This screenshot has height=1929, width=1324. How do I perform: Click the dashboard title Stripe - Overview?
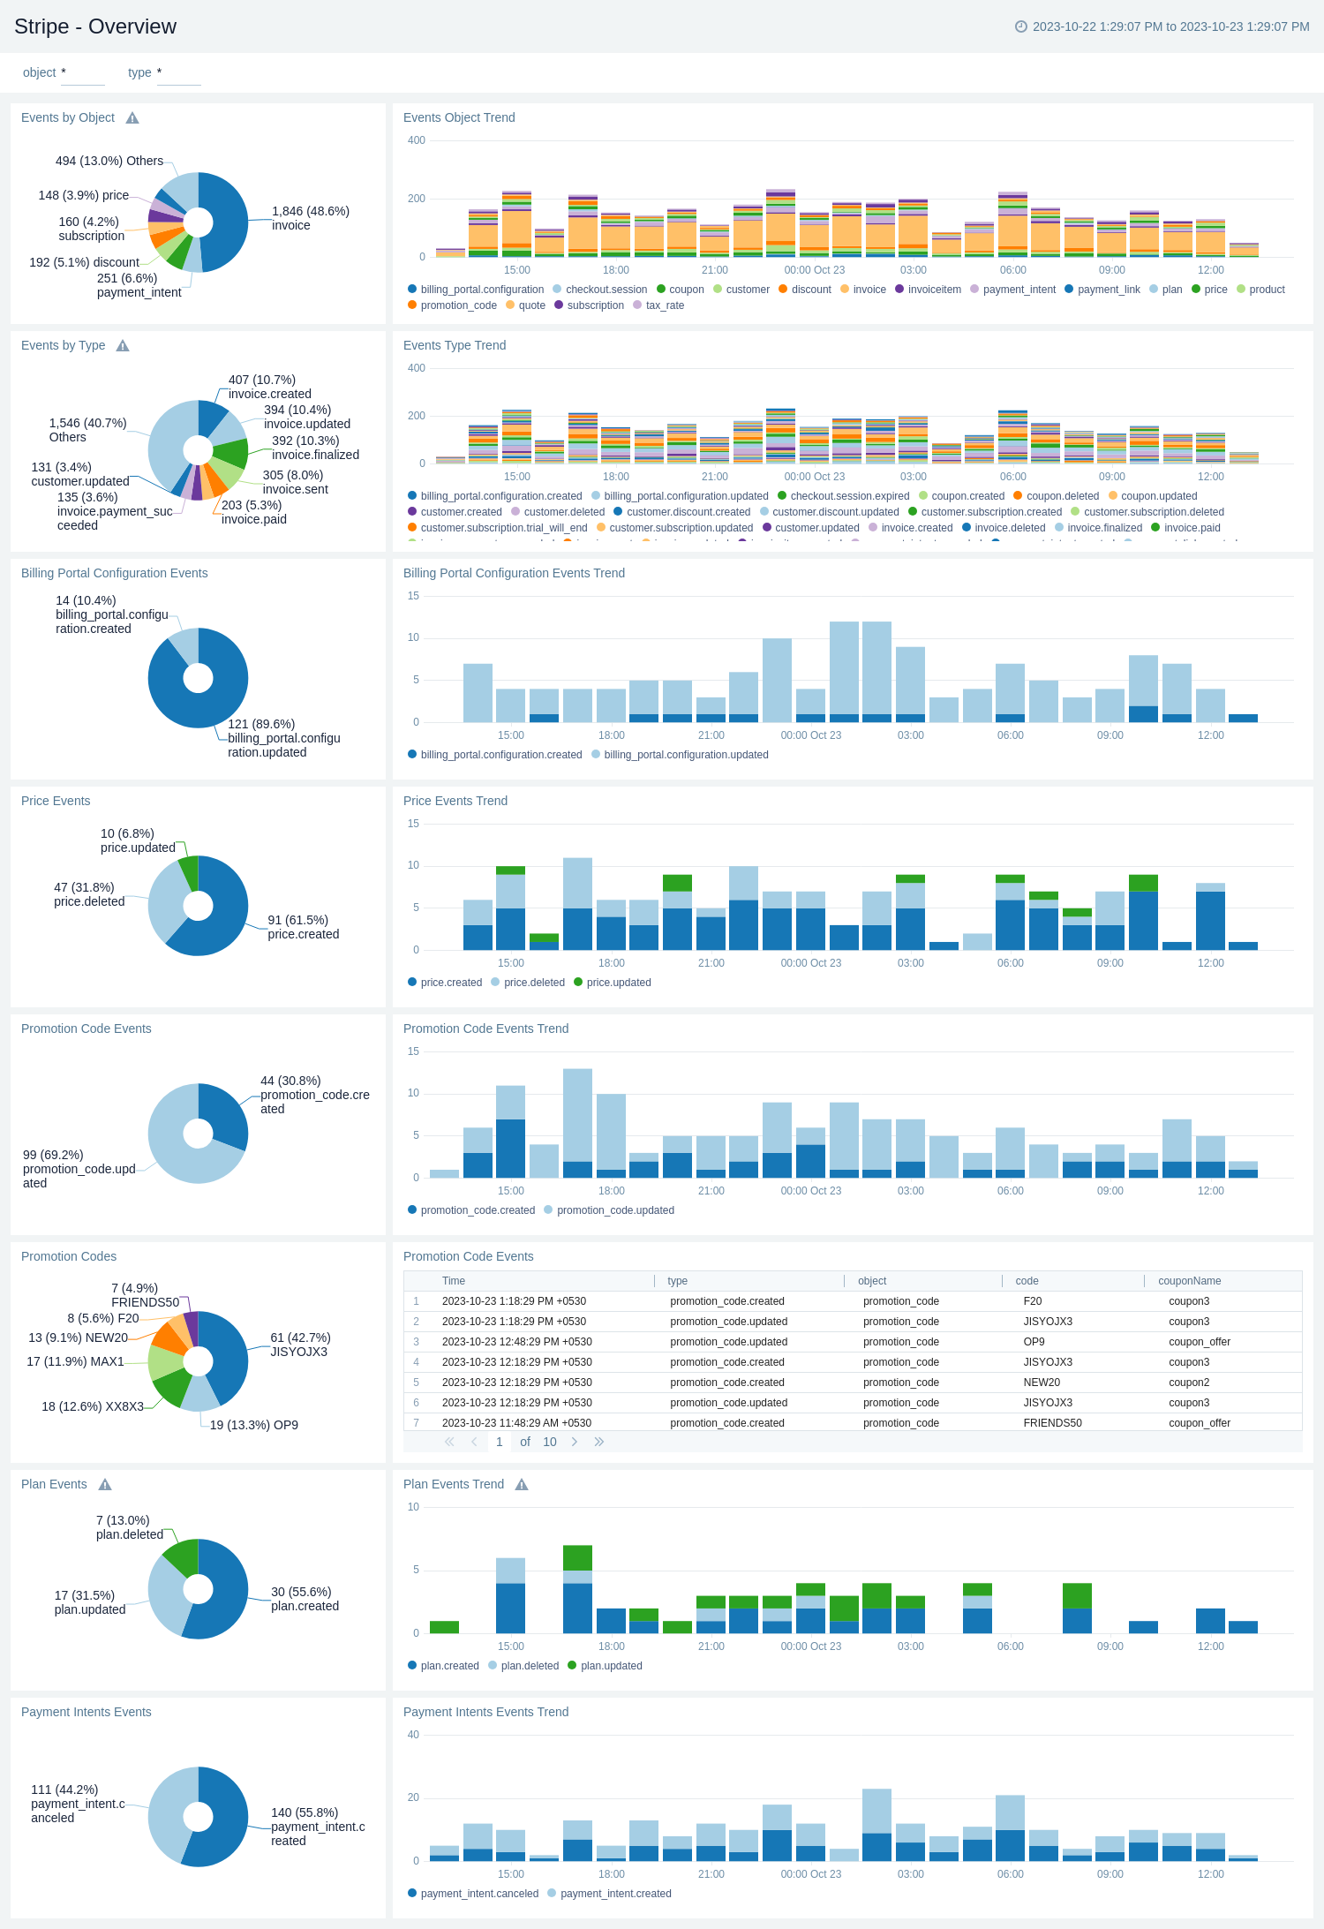95,26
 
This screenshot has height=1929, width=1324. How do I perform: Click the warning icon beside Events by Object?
132,118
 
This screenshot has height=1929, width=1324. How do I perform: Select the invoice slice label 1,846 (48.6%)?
310,218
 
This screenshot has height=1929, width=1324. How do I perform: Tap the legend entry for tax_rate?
664,305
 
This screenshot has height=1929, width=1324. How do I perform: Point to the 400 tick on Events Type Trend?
417,368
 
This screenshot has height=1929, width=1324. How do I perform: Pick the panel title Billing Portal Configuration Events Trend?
514,573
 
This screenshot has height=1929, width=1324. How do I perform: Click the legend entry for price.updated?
618,983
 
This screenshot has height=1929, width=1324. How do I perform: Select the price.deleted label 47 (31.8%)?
85,894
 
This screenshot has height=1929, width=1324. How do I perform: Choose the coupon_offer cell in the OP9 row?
1199,1342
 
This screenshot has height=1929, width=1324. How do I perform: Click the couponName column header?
1189,1281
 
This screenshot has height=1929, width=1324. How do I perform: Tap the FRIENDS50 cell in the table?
1052,1423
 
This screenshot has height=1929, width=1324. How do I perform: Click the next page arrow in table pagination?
575,1442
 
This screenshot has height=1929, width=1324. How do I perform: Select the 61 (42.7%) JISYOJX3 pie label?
300,1345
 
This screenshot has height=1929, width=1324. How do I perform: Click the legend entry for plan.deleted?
529,1666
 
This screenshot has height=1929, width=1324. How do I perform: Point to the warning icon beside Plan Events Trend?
522,1485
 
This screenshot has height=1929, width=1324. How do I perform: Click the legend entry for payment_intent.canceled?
478,1894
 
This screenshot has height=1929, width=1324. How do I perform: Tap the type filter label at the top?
139,72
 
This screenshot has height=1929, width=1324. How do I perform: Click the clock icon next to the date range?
1021,26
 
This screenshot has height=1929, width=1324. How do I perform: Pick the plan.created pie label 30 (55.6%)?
305,1599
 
